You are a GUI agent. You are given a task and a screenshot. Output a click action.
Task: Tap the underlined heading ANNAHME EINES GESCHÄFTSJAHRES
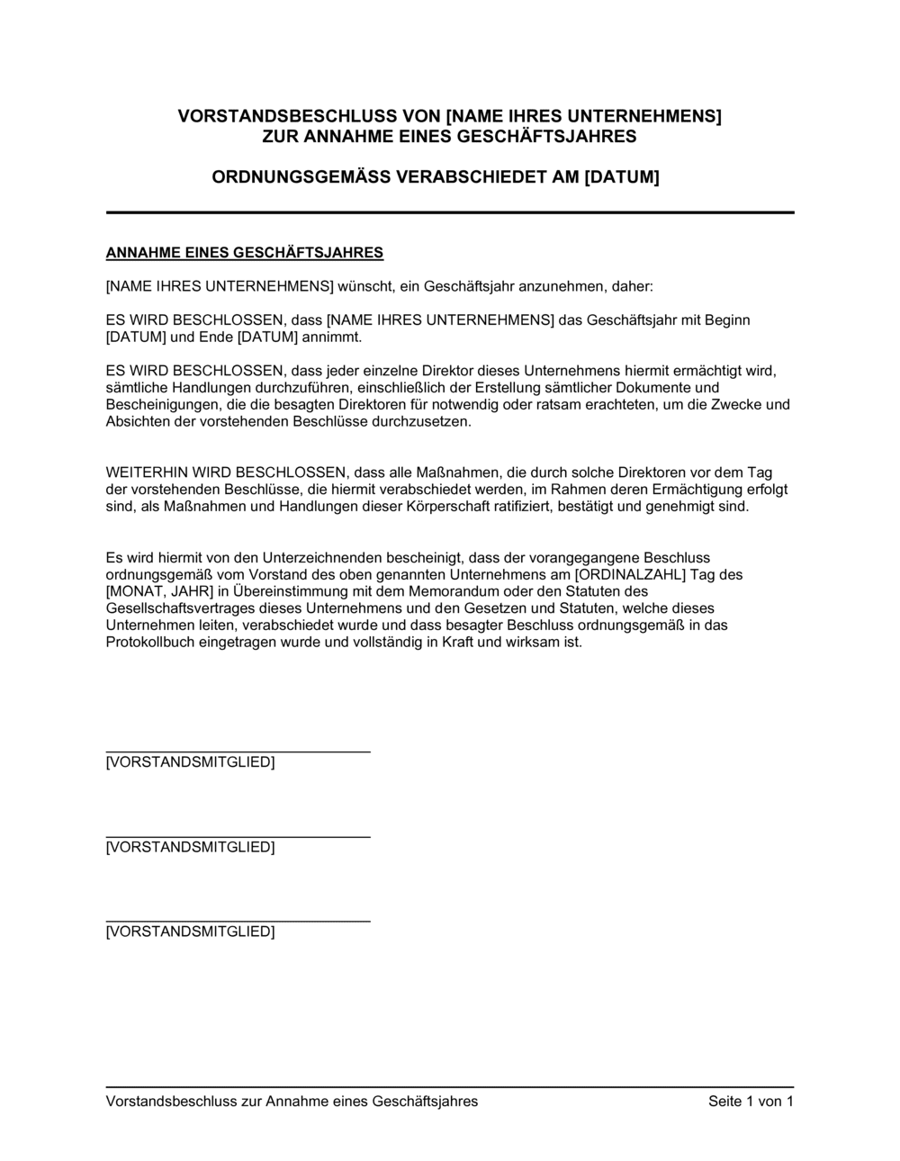coord(245,253)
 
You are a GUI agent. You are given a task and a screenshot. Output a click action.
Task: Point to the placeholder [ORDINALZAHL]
coord(630,574)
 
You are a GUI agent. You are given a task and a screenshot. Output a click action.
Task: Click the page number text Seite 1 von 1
coord(751,1102)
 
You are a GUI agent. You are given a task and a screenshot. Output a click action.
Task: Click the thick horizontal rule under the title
coord(450,212)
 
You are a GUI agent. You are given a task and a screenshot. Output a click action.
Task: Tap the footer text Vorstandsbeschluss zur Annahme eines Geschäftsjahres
coord(292,1102)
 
